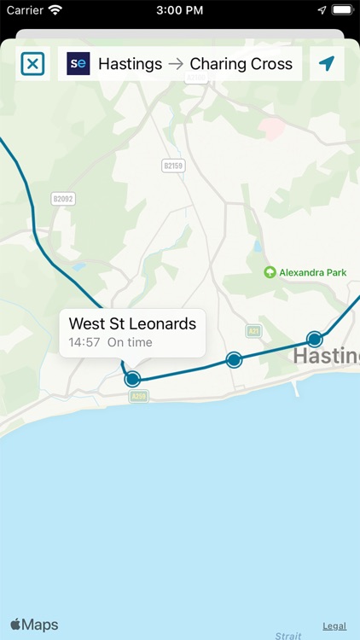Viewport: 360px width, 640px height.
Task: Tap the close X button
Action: point(32,64)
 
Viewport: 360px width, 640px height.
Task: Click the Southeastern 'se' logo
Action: point(78,64)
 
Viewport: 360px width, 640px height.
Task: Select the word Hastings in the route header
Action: point(130,64)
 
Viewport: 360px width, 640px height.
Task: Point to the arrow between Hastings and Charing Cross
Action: point(176,64)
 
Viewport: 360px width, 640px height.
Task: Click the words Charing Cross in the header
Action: point(241,64)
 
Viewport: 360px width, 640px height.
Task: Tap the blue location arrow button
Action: point(327,64)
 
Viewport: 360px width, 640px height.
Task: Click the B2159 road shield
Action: point(173,166)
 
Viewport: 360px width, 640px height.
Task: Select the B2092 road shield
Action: point(63,198)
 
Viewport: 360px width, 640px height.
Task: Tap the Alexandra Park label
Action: point(313,272)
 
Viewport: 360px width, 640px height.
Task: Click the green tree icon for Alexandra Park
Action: point(270,272)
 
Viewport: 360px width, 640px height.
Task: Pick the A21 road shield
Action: point(253,330)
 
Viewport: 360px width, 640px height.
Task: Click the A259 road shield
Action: point(140,395)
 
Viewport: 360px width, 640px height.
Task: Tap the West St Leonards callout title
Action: point(132,323)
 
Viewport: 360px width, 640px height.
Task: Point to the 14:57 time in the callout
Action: point(84,342)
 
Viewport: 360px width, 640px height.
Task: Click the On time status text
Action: point(130,342)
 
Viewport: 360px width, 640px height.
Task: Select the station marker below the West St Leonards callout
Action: point(132,379)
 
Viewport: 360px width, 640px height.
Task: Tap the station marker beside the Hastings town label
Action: point(315,340)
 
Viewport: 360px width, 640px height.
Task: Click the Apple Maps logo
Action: point(35,625)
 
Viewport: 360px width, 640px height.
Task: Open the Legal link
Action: point(334,625)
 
